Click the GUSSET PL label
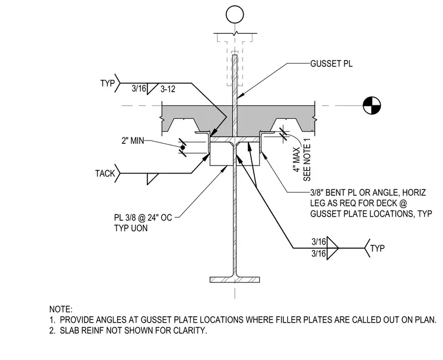pos(332,64)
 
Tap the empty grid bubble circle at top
pos(235,15)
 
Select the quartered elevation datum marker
pos(372,106)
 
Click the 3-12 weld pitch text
pos(168,89)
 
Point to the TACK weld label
pos(105,174)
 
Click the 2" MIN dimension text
pos(133,140)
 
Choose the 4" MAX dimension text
pos(296,159)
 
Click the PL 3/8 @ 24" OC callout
pos(143,218)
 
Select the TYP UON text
pos(131,228)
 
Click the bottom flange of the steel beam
pos(235,280)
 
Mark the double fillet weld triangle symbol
pos(332,248)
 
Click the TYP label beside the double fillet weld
pos(378,249)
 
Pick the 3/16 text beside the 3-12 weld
pos(139,89)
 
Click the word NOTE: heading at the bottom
pos(61,309)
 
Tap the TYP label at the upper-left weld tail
pos(108,83)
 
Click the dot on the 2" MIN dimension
pos(183,147)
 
